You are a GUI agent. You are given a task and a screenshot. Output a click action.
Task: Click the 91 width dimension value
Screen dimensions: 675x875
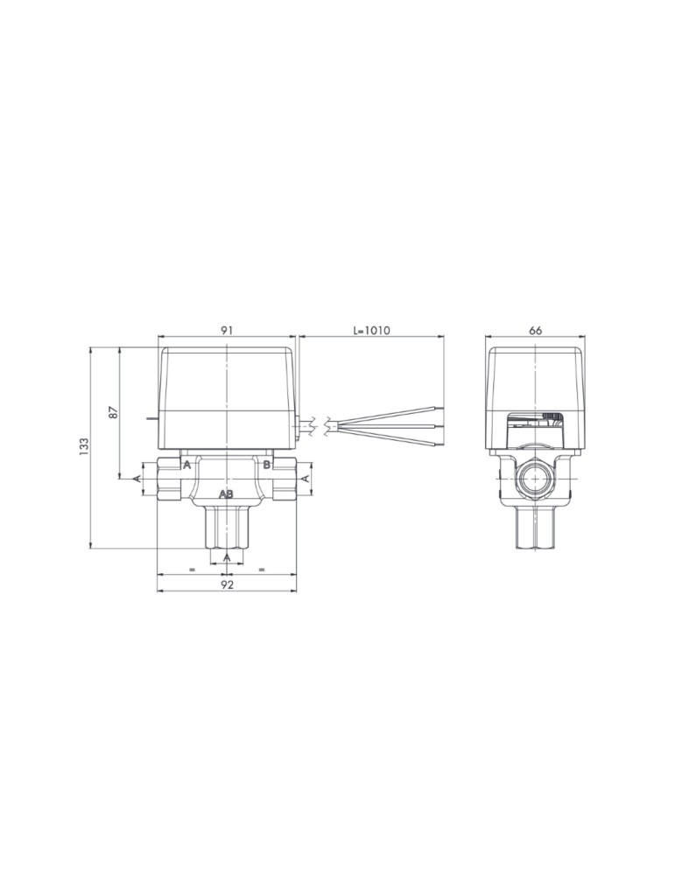click(x=226, y=331)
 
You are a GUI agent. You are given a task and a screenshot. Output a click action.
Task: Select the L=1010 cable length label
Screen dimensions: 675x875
click(x=371, y=331)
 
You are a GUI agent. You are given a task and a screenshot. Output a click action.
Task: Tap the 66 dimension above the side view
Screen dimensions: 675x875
click(x=535, y=331)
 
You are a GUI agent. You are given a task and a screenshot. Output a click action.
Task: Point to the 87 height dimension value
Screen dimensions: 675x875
click(x=113, y=413)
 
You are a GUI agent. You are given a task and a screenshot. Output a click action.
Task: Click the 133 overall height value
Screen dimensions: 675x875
click(x=84, y=446)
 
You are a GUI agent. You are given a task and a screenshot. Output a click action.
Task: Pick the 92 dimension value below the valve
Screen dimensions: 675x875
click(x=226, y=584)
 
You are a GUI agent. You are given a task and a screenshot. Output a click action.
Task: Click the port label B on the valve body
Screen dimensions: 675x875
click(x=267, y=465)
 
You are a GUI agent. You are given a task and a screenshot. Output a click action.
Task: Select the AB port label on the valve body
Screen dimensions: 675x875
click(x=226, y=493)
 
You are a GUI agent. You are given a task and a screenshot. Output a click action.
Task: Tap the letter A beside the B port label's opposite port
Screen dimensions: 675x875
click(x=187, y=465)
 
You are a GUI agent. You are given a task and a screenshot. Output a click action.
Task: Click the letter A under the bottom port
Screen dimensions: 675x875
click(x=227, y=557)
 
